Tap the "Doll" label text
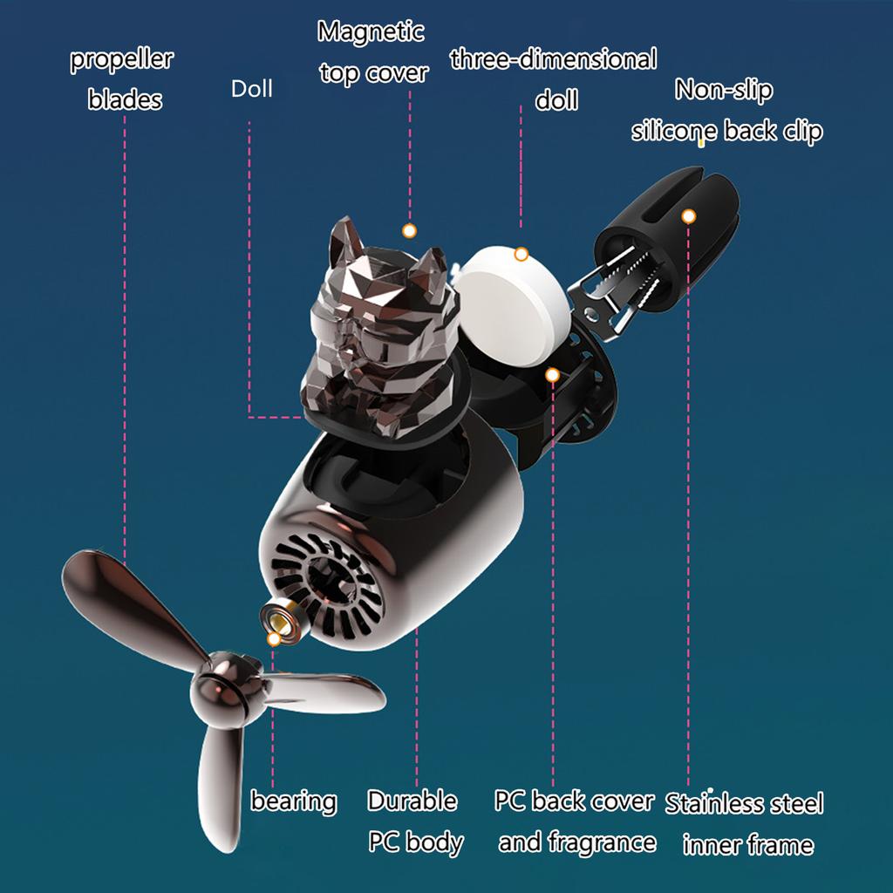pos(251,89)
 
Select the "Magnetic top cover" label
pos(372,52)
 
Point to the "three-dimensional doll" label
pos(554,79)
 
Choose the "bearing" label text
pos(294,801)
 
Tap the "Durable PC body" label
pos(413,821)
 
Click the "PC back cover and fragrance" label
pos(576,821)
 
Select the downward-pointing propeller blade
pos(218,785)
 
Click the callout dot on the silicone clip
pos(688,215)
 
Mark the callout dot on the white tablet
pos(521,255)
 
